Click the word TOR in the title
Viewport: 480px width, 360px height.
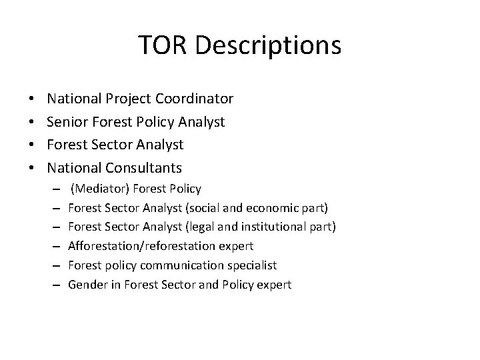click(x=159, y=45)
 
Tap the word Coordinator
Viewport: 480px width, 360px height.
click(x=194, y=99)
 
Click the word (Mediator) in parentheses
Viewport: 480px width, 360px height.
click(x=97, y=189)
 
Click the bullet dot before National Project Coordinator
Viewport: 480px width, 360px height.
click(x=33, y=100)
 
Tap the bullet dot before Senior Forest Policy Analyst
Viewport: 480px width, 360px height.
click(x=33, y=123)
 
